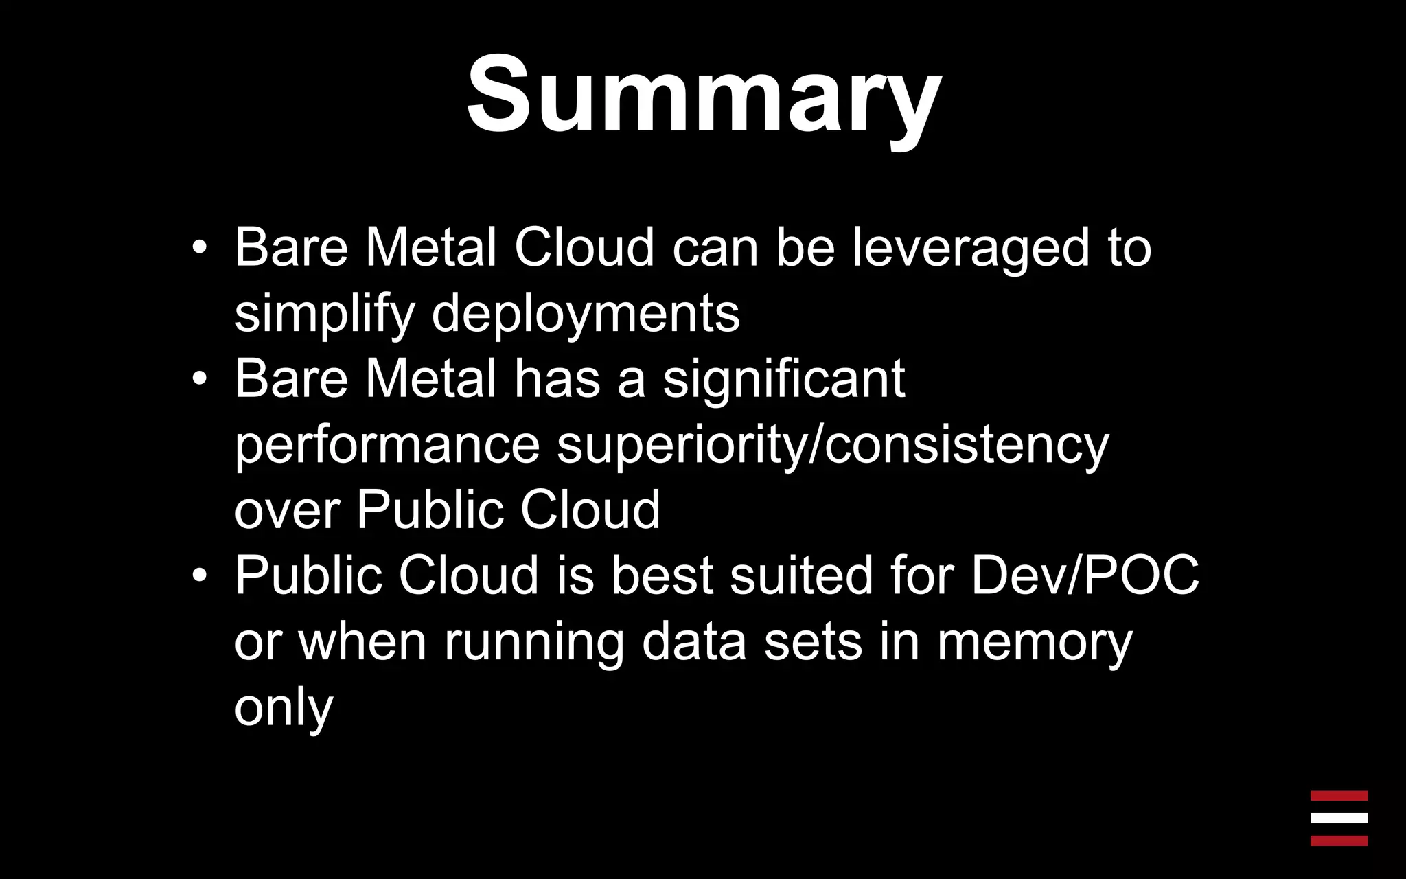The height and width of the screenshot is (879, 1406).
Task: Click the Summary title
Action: tap(704, 95)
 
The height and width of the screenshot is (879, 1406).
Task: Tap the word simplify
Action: tap(324, 313)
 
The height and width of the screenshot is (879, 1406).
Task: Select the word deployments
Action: tap(586, 313)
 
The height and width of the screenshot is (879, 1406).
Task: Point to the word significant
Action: tap(783, 378)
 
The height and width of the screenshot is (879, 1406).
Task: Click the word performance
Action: tap(387, 444)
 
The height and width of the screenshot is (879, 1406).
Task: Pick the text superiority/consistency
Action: tap(832, 444)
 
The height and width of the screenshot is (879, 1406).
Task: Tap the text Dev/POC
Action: tap(1085, 575)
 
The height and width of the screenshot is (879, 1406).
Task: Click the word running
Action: tap(534, 641)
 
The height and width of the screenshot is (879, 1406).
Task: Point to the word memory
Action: tap(1035, 641)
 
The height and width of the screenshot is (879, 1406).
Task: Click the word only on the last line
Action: tap(284, 707)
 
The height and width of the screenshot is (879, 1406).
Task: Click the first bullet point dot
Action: tap(199, 247)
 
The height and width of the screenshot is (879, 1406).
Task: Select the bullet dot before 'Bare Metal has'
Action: tap(199, 378)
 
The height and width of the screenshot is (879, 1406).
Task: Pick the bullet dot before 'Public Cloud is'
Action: tap(199, 575)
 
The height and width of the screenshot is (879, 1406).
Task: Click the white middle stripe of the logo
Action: tap(1339, 818)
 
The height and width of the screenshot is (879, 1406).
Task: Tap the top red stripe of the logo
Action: tap(1339, 796)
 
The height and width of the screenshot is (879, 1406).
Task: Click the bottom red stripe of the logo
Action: tap(1339, 841)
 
